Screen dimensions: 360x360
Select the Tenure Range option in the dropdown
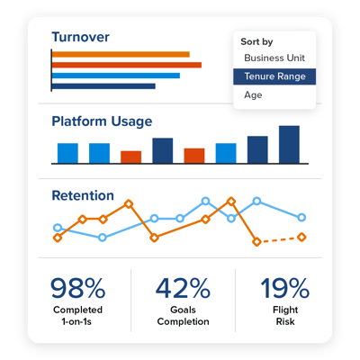274,76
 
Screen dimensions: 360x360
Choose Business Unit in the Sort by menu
274,58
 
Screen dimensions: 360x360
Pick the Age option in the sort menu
253,94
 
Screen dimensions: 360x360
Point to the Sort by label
256,41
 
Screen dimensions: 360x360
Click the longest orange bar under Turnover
126,65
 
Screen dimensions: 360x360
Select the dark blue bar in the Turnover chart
103,86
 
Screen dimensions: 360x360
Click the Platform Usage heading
101,121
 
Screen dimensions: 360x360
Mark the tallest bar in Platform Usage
288,144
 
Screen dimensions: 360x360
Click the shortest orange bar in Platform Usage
130,157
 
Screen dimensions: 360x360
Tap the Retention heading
82,195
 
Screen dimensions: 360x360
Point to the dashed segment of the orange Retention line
279,239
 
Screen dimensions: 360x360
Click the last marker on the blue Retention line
301,217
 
